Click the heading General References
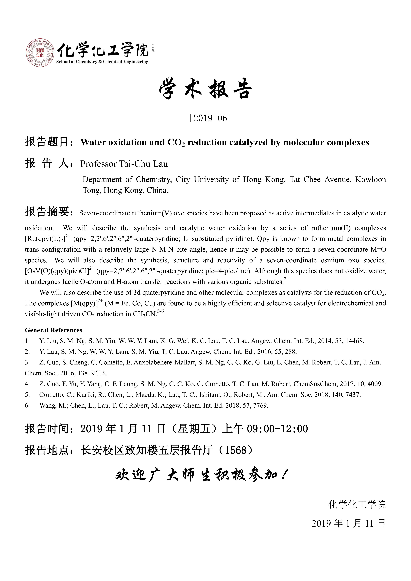click(53, 330)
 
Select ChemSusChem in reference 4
click(315, 384)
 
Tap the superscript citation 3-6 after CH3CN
click(161, 312)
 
